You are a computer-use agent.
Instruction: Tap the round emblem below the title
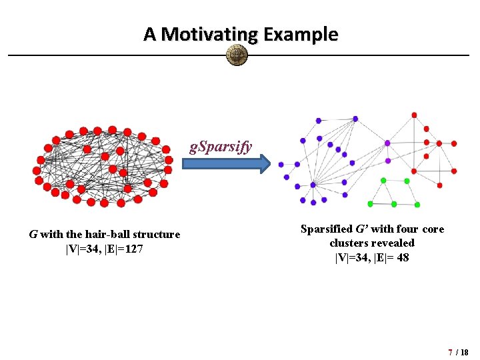tap(237, 55)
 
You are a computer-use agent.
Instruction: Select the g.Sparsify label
tap(221, 147)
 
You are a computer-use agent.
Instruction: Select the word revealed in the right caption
tap(392, 243)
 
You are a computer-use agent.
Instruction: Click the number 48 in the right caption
tap(402, 257)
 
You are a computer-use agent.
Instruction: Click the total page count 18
tap(465, 351)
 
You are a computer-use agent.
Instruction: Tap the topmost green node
tap(383, 180)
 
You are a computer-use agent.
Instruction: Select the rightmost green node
tap(417, 205)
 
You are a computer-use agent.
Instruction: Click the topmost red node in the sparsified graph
tap(414, 115)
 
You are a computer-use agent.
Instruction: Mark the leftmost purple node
tap(281, 164)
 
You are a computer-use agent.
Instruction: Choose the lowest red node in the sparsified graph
tap(439, 185)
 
